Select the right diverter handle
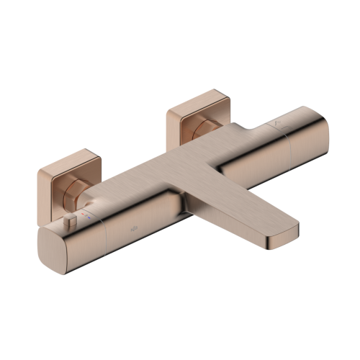(x=302, y=140)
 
